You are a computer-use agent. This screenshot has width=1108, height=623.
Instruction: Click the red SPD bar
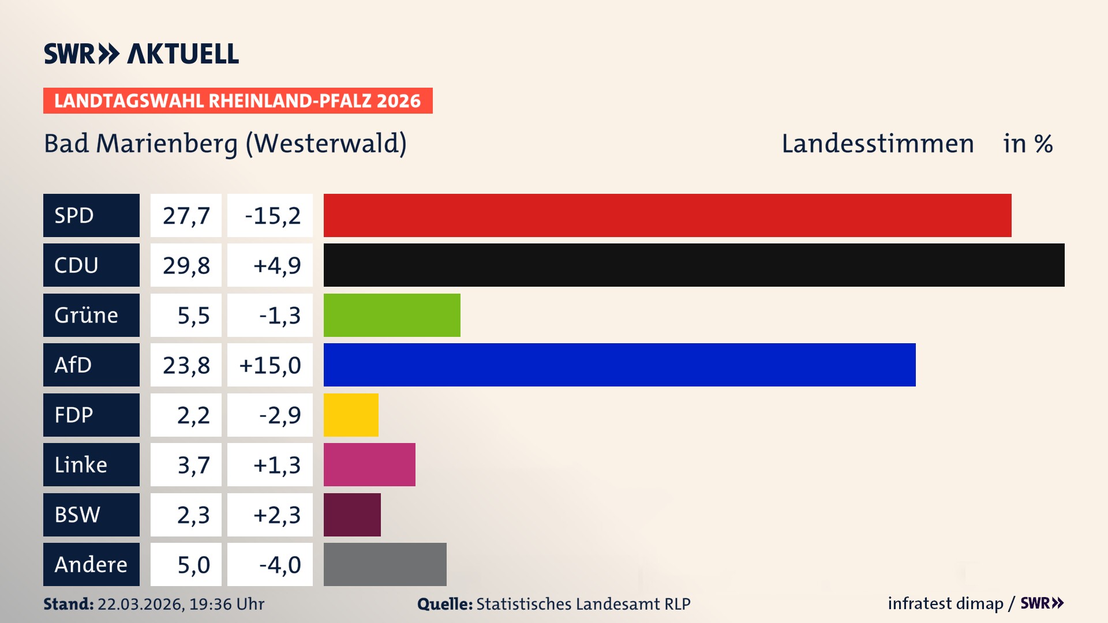(x=667, y=215)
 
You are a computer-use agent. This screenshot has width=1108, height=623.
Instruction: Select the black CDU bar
(x=694, y=265)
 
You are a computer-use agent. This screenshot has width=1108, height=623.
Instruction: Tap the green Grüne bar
(x=392, y=315)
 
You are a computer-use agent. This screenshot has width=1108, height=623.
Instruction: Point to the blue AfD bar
(x=619, y=365)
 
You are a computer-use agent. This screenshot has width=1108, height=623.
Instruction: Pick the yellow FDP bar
(x=351, y=415)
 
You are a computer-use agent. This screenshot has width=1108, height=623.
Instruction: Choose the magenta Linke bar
(x=369, y=464)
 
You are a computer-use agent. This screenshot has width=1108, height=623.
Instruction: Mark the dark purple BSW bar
(x=352, y=515)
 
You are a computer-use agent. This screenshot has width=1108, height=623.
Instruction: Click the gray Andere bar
(x=385, y=564)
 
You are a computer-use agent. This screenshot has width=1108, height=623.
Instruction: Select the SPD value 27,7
(x=186, y=216)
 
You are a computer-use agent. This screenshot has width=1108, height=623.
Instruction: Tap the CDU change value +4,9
(x=276, y=265)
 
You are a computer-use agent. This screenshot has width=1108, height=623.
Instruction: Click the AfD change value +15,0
(x=270, y=365)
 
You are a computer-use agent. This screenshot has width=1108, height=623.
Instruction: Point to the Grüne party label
(x=87, y=315)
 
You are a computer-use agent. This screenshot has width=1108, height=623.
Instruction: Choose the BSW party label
(x=77, y=515)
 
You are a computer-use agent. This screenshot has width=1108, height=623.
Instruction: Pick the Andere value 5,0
(x=193, y=565)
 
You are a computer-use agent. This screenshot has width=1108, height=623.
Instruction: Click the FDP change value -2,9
(x=279, y=415)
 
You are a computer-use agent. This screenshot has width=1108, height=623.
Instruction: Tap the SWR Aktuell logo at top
(x=141, y=54)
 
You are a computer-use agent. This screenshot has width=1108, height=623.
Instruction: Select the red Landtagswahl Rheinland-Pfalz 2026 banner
(x=237, y=100)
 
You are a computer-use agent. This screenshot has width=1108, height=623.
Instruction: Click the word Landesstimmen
(x=877, y=144)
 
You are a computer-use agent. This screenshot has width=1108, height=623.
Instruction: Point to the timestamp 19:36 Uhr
(x=226, y=604)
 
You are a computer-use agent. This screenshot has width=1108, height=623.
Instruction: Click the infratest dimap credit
(x=945, y=603)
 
